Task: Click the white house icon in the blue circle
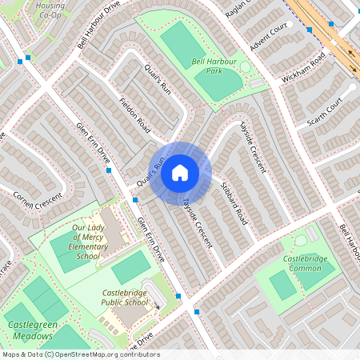point(180,172)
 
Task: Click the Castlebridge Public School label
point(126,298)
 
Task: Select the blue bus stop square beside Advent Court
point(309,30)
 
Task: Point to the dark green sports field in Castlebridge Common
point(282,285)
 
